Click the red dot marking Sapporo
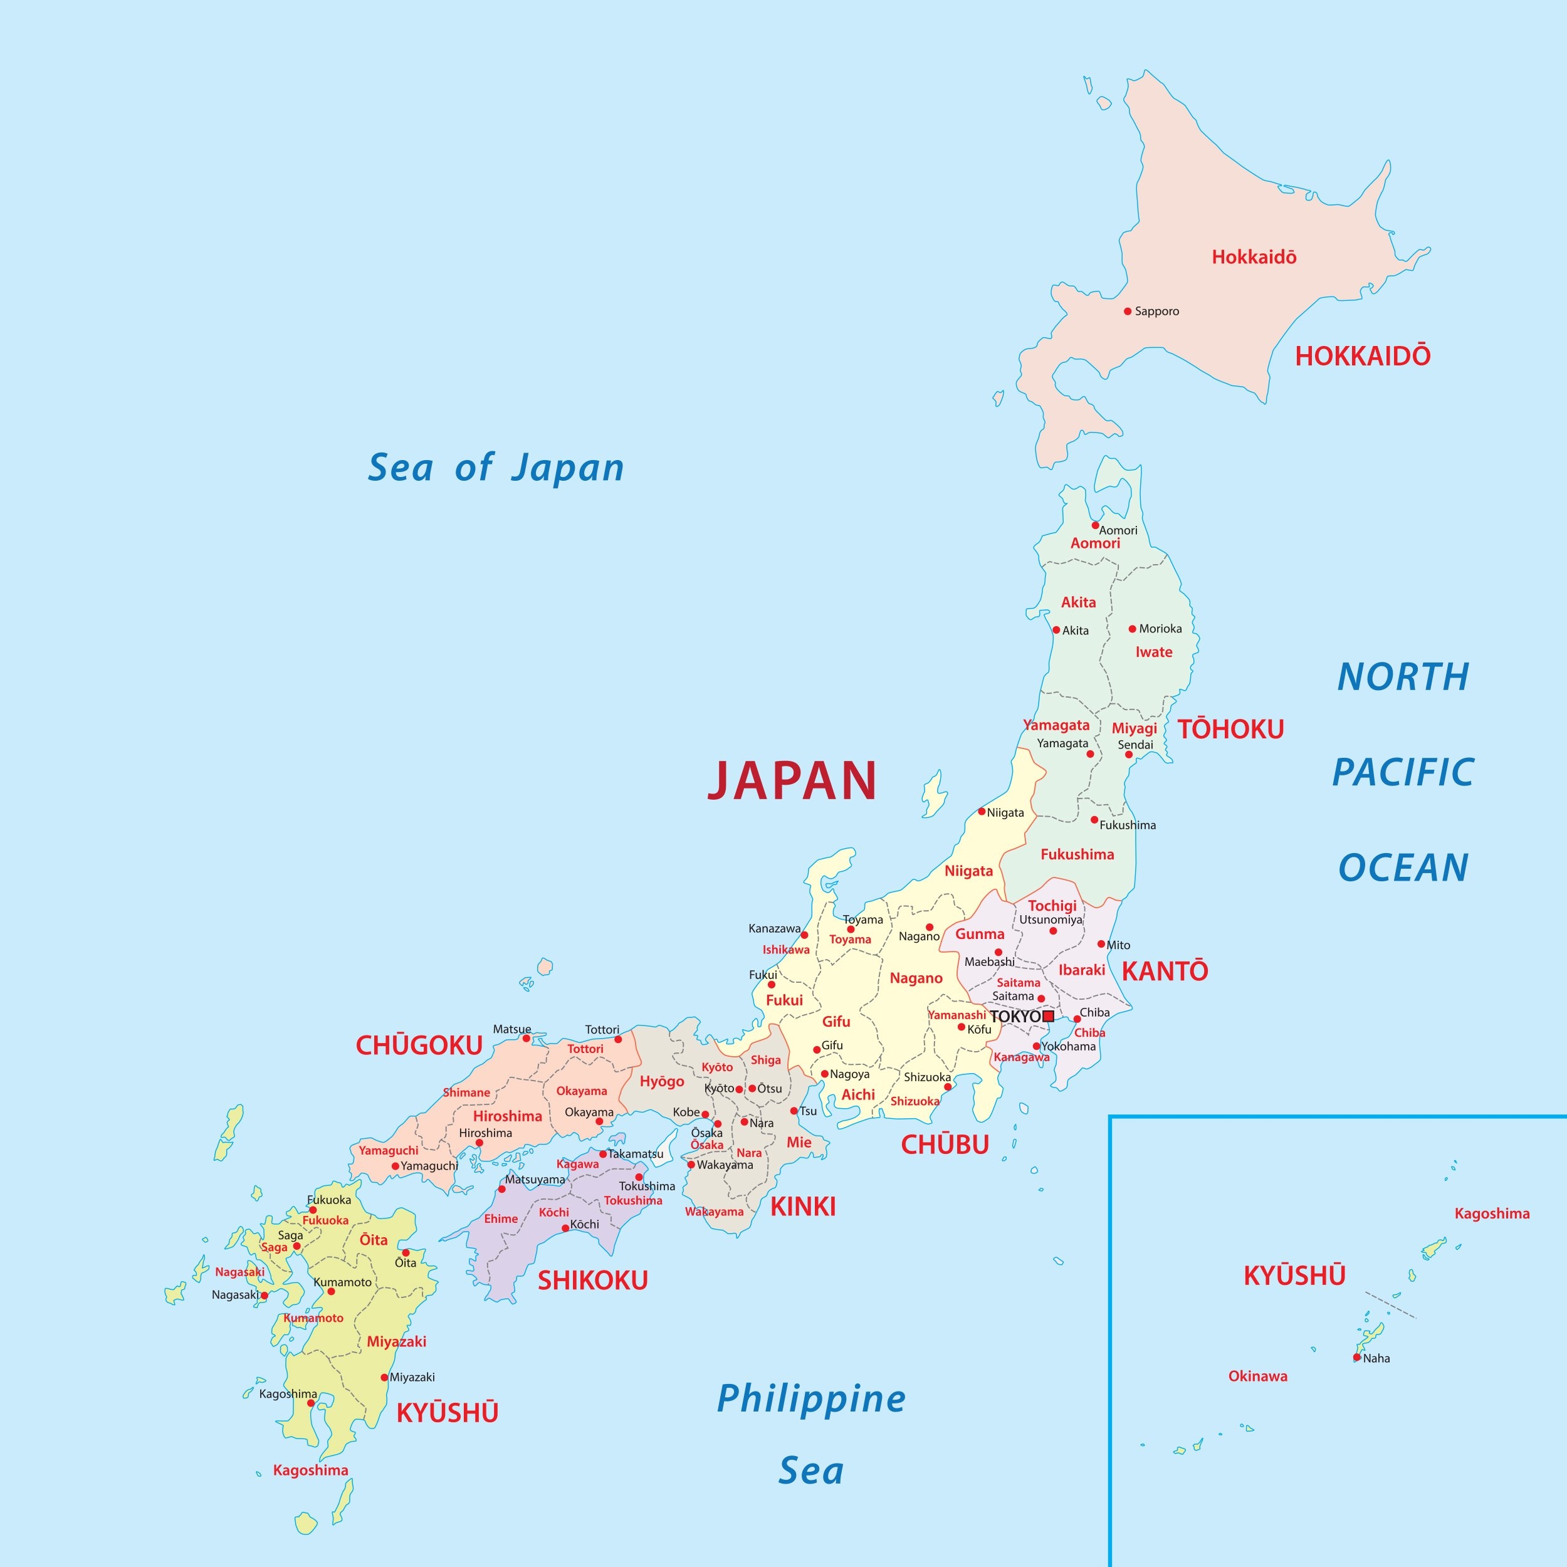pos(1128,312)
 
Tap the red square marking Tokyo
pos(1048,1016)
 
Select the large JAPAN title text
pos(792,780)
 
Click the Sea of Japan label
pos(496,468)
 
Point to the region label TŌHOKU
pos(1230,729)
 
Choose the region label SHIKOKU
pos(593,1281)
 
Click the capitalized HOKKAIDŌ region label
pos(1363,356)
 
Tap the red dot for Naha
pos(1357,1358)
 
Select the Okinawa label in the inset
pos(1257,1376)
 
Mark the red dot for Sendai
pos(1128,754)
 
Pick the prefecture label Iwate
pos(1153,652)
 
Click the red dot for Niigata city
pos(982,811)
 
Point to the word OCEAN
pos(1403,868)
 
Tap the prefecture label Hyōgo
pos(662,1081)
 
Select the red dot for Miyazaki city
pos(384,1377)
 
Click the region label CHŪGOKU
pos(419,1046)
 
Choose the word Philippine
pos(811,1398)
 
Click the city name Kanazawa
pos(773,928)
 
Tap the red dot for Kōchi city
pos(565,1228)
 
